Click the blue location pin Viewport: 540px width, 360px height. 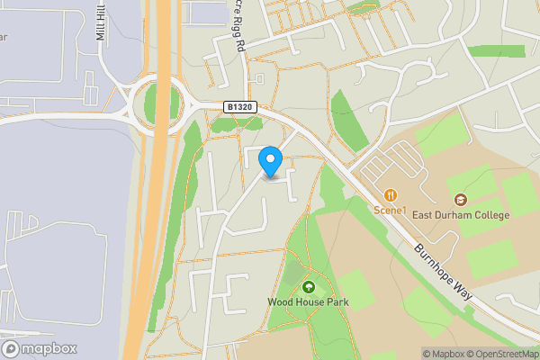pyautogui.click(x=271, y=161)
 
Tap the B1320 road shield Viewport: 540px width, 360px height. pyautogui.click(x=239, y=107)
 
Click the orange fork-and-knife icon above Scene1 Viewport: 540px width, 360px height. pyautogui.click(x=391, y=195)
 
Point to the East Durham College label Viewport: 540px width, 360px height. pyautogui.click(x=461, y=215)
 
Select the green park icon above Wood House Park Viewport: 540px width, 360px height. pyautogui.click(x=309, y=287)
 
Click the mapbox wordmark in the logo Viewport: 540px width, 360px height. pyautogui.click(x=51, y=349)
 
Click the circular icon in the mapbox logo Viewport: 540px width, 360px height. pyautogui.click(x=12, y=349)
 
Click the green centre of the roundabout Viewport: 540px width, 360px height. pyautogui.click(x=158, y=105)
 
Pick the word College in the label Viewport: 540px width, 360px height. pyautogui.click(x=490, y=215)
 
